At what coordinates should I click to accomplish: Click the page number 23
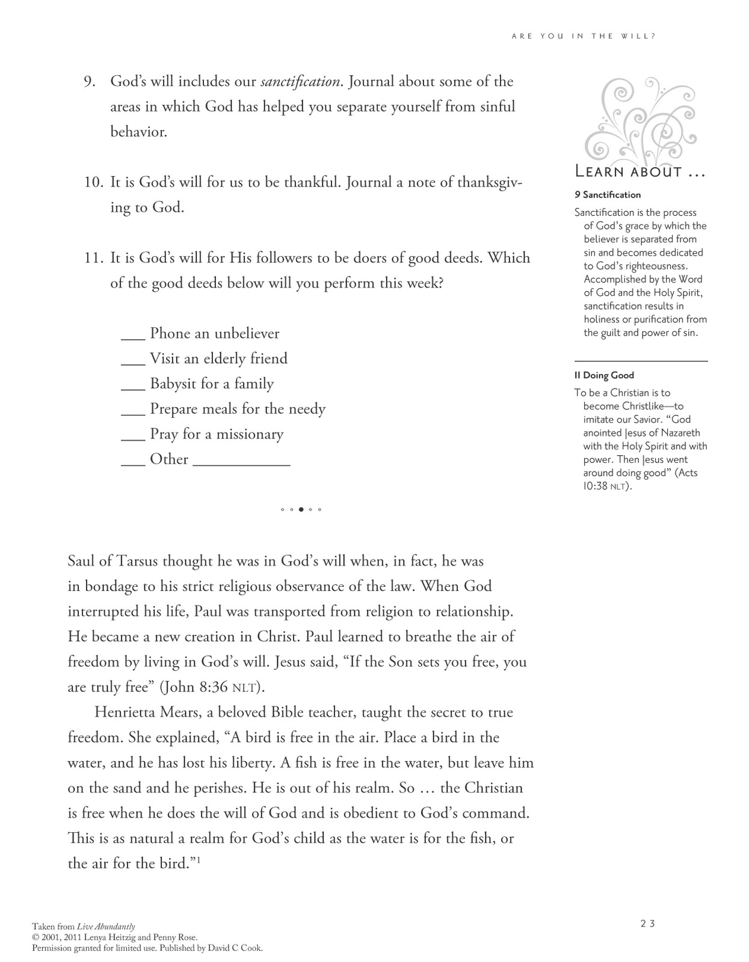(647, 924)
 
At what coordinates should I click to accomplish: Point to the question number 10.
(94, 182)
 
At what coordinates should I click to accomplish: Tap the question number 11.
(94, 258)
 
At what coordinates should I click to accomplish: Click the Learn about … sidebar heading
(640, 173)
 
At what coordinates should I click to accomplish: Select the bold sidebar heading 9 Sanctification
(608, 195)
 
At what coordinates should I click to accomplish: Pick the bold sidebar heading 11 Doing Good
(604, 375)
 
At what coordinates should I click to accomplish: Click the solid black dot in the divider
(301, 510)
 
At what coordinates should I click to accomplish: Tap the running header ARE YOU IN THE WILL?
(583, 36)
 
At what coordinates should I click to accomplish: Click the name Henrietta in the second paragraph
(126, 712)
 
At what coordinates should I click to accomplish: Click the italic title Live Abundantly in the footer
(106, 927)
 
